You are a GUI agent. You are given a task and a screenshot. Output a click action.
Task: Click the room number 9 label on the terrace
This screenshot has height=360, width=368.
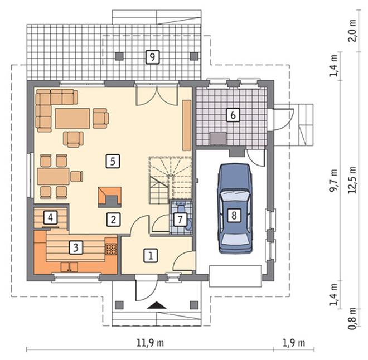(152, 57)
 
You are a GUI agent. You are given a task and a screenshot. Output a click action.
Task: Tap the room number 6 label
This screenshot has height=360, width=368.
(233, 115)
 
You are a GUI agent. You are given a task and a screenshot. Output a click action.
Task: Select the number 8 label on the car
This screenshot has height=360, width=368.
(234, 215)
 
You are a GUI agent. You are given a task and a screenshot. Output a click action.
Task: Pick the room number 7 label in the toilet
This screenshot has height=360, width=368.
(180, 220)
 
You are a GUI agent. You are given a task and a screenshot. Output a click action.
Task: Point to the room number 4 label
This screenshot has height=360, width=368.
(50, 218)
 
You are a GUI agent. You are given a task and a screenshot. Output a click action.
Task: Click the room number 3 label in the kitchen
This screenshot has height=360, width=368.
(76, 247)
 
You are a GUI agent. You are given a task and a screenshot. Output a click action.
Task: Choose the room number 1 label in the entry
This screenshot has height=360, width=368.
(151, 255)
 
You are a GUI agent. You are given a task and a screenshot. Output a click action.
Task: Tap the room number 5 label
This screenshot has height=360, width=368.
(113, 161)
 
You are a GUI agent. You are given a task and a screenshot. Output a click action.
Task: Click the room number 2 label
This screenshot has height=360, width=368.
(113, 220)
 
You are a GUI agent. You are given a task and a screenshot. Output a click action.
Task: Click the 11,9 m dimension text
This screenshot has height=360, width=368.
(150, 343)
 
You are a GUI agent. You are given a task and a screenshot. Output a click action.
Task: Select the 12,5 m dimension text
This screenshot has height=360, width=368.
(352, 180)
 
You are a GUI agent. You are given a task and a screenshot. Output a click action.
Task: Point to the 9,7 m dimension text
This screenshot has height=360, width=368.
(333, 181)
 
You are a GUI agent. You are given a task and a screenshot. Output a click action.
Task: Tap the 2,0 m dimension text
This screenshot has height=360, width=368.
(352, 31)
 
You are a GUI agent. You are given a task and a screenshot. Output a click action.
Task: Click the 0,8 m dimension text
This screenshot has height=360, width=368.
(352, 319)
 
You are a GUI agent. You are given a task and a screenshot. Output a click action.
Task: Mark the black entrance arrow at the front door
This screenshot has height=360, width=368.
(157, 305)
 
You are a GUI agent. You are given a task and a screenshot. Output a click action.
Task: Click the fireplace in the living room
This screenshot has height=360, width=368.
(110, 197)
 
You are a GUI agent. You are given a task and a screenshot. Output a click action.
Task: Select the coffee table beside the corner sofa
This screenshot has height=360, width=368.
(72, 118)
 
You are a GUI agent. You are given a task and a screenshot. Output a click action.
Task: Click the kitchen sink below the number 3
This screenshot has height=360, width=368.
(69, 267)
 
